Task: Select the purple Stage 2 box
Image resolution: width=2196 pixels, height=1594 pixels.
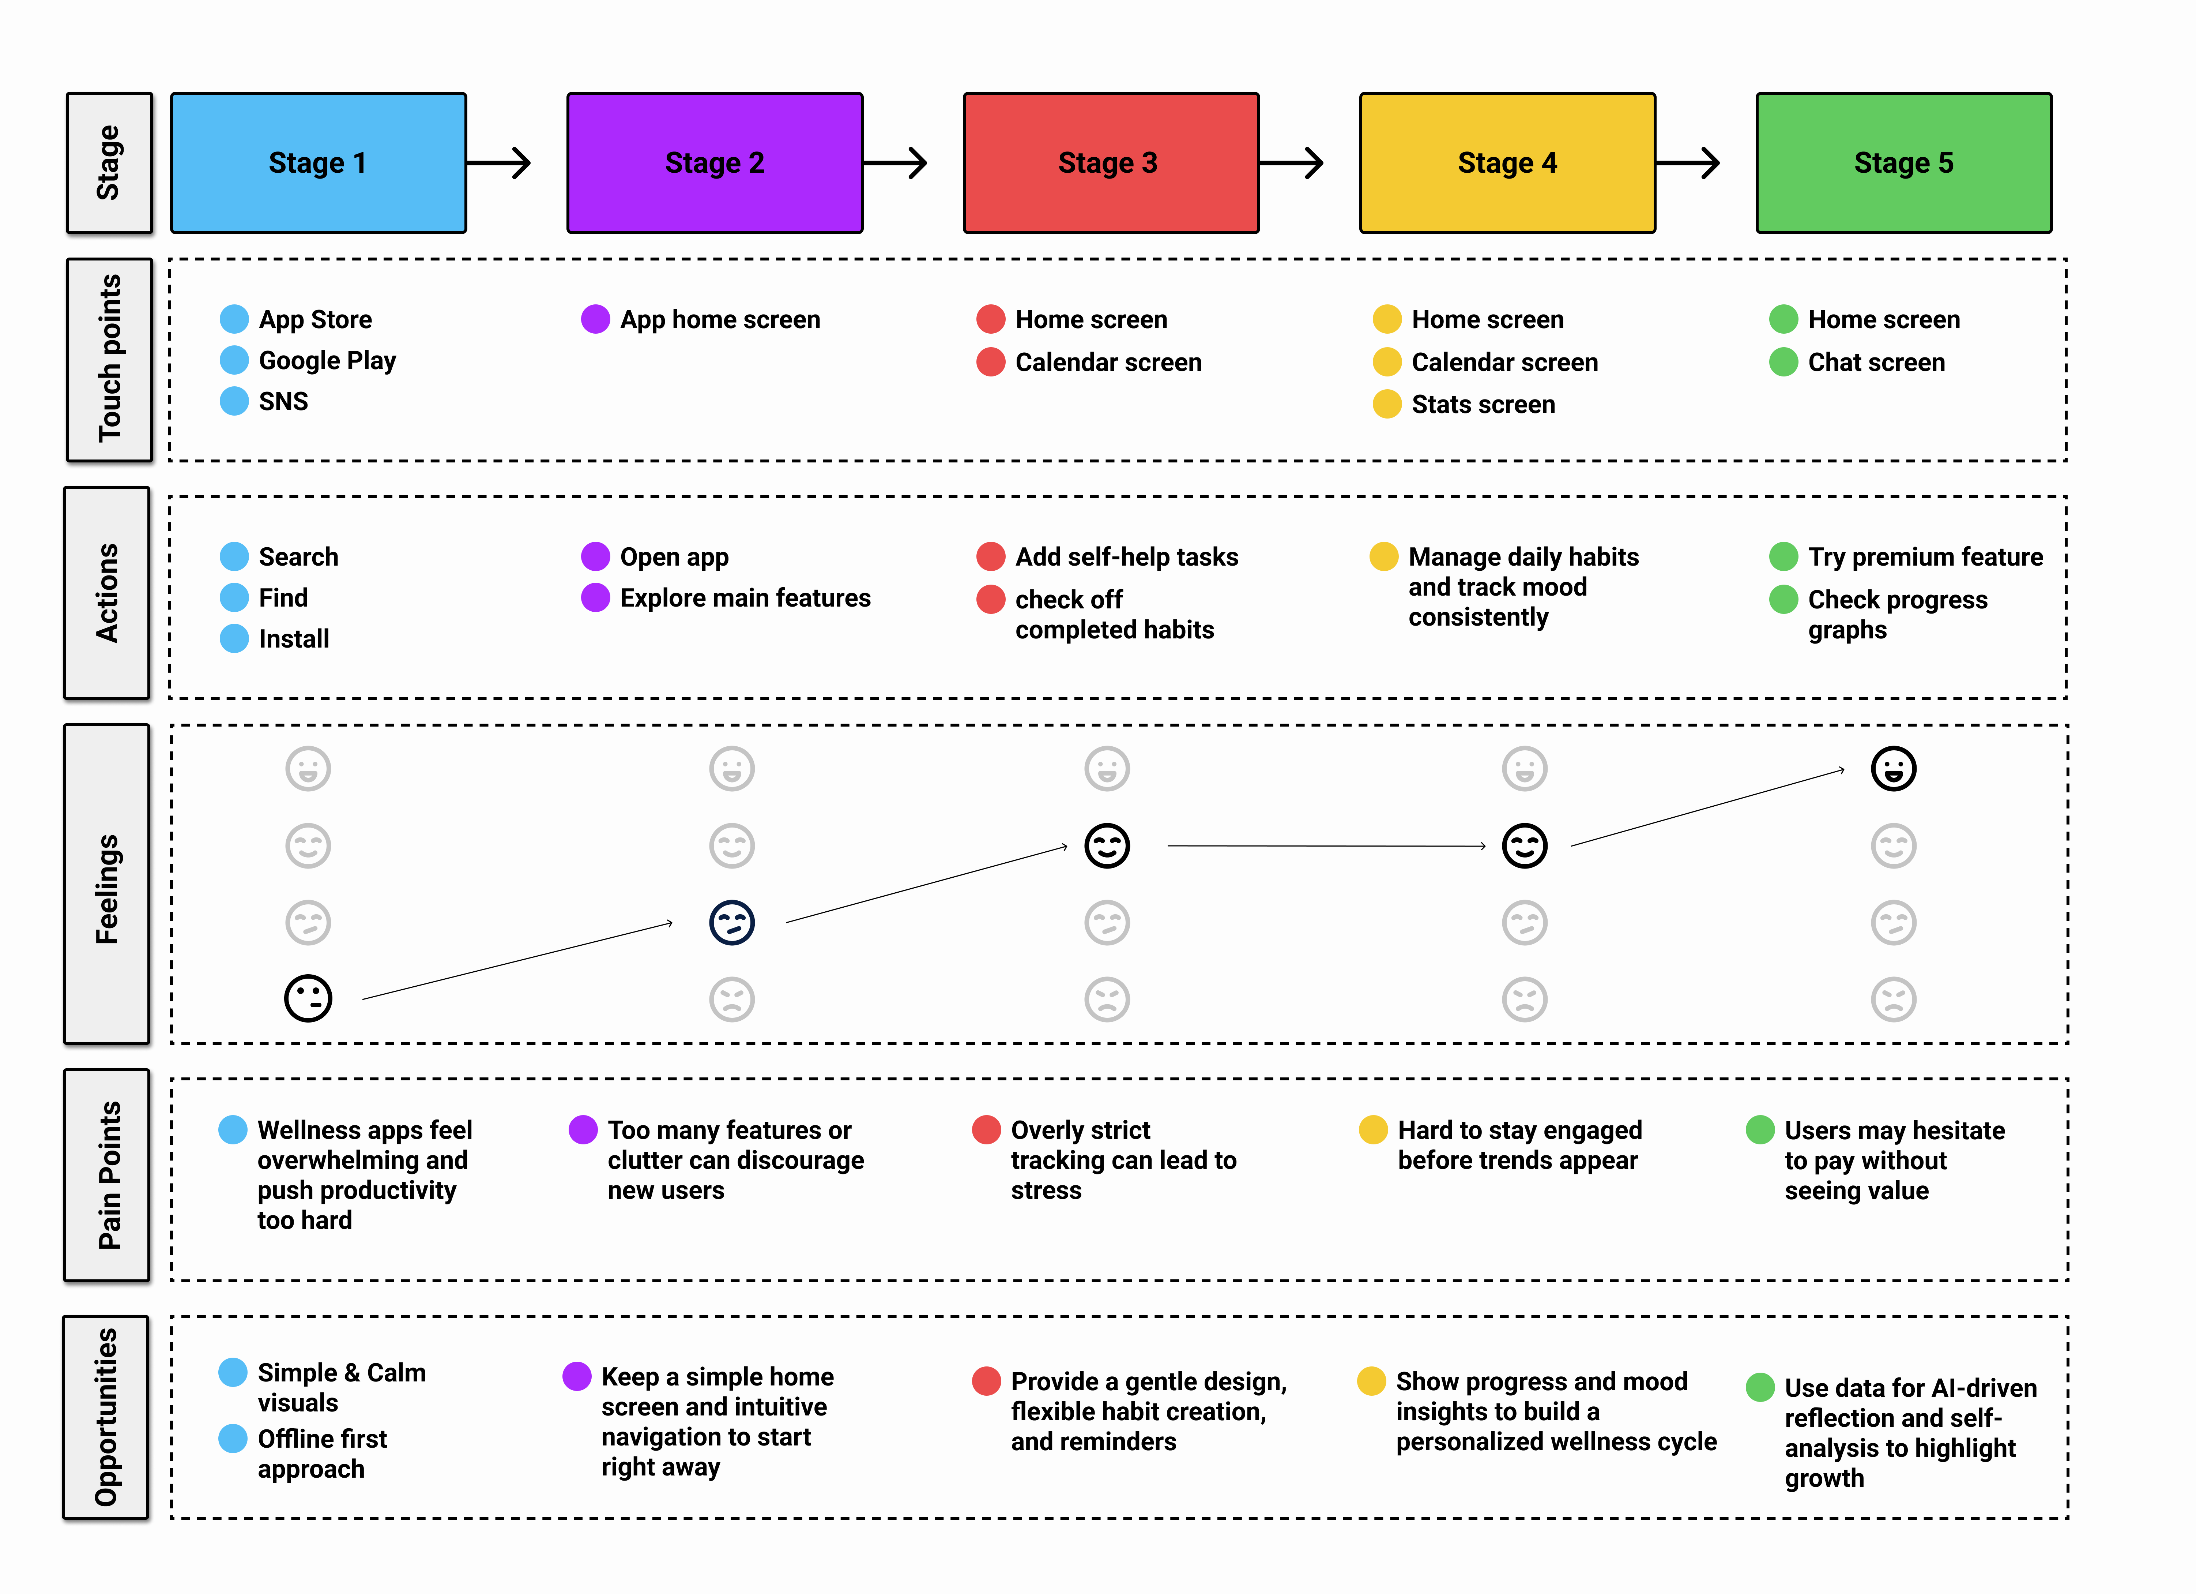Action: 715,163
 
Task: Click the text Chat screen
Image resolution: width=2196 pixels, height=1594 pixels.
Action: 1876,362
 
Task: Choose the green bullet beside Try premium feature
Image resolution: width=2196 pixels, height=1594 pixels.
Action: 1782,557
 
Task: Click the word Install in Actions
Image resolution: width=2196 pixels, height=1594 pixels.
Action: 293,639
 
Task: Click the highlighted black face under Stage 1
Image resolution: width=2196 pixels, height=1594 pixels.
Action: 308,998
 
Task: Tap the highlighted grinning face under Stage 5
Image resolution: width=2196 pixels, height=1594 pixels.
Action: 1893,769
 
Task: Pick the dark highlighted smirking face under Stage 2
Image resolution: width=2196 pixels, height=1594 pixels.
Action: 732,922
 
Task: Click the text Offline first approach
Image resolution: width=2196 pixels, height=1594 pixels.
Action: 321,1454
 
